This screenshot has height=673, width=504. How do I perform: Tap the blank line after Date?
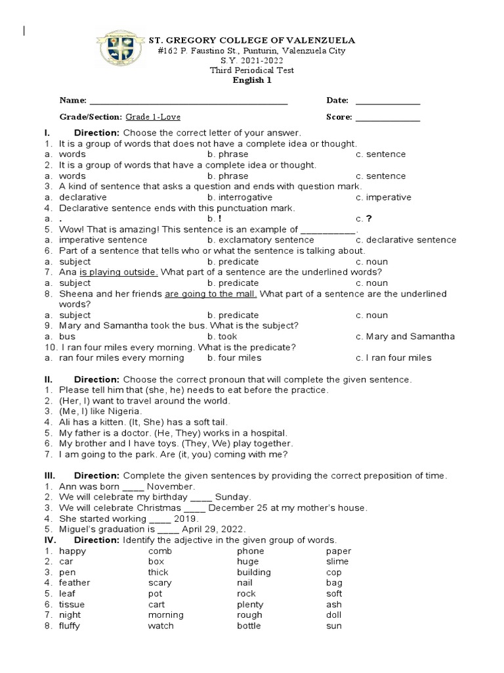[x=387, y=103]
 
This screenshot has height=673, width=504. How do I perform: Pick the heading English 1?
[x=252, y=81]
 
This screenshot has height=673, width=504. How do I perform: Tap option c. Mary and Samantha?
[x=405, y=336]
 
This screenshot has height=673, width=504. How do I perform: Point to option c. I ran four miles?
[x=394, y=358]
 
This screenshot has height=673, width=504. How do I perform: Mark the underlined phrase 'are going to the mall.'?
[x=211, y=294]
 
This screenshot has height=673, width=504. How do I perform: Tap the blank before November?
[x=133, y=488]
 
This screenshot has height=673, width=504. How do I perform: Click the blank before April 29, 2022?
[x=168, y=530]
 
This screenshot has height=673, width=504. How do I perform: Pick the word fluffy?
[x=70, y=626]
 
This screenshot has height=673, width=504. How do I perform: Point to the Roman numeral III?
[x=50, y=476]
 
